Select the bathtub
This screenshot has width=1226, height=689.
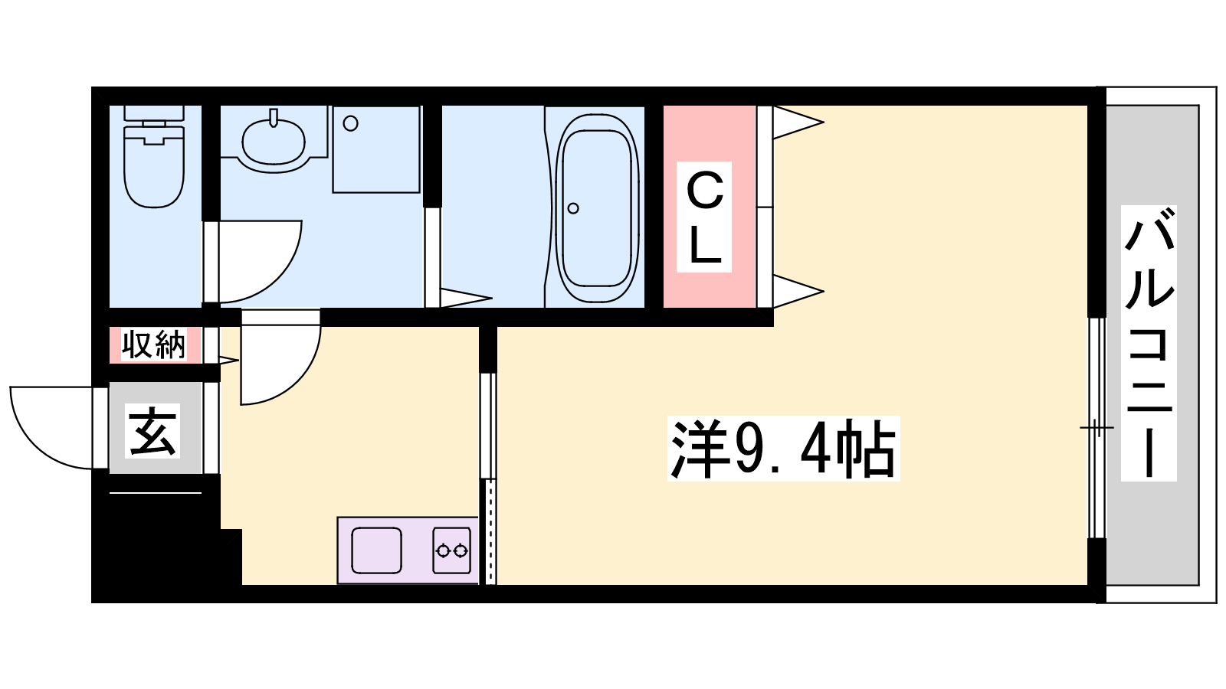point(597,207)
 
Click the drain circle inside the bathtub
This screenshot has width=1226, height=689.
point(573,208)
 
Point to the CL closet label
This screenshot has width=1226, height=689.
point(704,217)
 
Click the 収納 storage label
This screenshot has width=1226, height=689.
point(154,344)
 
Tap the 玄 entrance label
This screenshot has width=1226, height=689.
point(152,430)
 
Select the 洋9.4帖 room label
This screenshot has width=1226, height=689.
point(783,449)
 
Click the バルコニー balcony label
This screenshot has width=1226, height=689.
point(1149,344)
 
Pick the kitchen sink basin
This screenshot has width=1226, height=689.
point(376,550)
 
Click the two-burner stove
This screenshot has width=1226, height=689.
point(451,550)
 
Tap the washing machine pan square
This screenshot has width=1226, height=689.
point(376,149)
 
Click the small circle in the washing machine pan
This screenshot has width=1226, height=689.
point(351,123)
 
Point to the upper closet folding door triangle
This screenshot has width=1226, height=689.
point(798,122)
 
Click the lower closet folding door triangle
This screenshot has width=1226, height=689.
point(798,292)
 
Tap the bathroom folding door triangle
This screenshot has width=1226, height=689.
point(466,298)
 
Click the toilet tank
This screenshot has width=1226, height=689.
point(154,113)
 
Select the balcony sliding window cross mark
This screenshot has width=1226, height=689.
point(1097,427)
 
